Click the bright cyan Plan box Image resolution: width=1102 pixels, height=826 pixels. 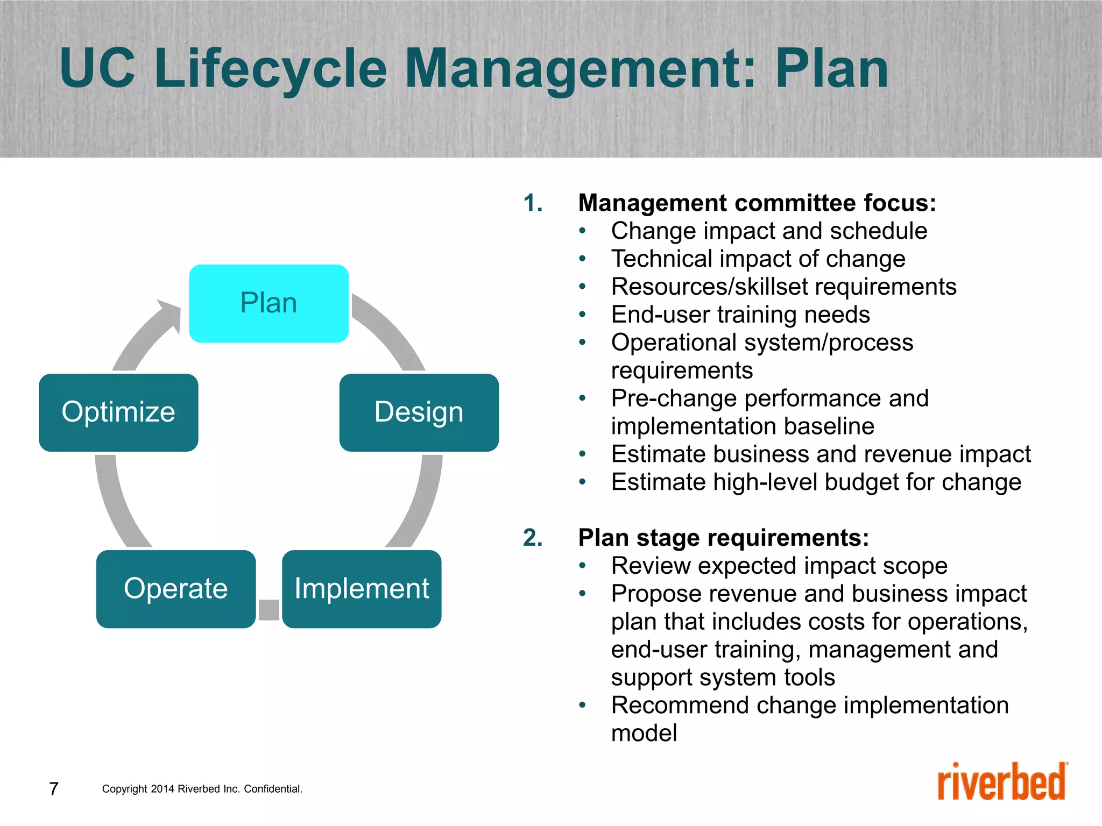tap(269, 303)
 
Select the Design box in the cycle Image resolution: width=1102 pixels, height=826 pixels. tap(419, 412)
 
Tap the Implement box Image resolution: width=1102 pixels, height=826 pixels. tap(362, 589)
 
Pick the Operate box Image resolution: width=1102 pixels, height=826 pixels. tap(175, 589)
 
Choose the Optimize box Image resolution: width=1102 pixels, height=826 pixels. tap(118, 412)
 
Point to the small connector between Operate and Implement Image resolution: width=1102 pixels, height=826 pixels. tap(269, 610)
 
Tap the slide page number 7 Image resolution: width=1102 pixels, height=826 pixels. tap(54, 789)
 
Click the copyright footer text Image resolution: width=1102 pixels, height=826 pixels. tap(202, 789)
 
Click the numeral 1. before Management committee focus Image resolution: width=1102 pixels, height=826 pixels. tap(533, 203)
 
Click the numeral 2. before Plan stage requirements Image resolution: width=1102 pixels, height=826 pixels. tap(533, 538)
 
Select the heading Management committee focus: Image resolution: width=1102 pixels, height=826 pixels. tap(757, 203)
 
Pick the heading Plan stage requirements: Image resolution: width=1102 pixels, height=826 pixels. tap(723, 538)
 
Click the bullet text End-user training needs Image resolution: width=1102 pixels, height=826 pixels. tap(740, 315)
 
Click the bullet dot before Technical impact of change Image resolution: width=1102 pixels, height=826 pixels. tap(582, 259)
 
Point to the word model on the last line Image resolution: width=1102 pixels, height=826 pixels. tap(644, 733)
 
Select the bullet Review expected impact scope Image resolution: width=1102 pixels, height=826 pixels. tap(779, 566)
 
